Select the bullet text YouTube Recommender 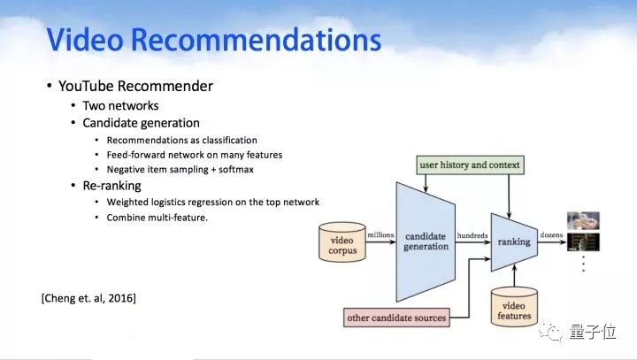click(x=134, y=87)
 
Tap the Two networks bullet click(x=121, y=105)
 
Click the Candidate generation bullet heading click(x=142, y=123)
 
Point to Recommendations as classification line click(x=181, y=140)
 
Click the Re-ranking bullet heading click(x=111, y=186)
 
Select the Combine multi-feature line click(x=157, y=217)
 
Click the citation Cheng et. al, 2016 click(x=88, y=298)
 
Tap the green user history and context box click(x=470, y=165)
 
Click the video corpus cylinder click(x=342, y=245)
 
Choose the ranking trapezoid click(x=514, y=241)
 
